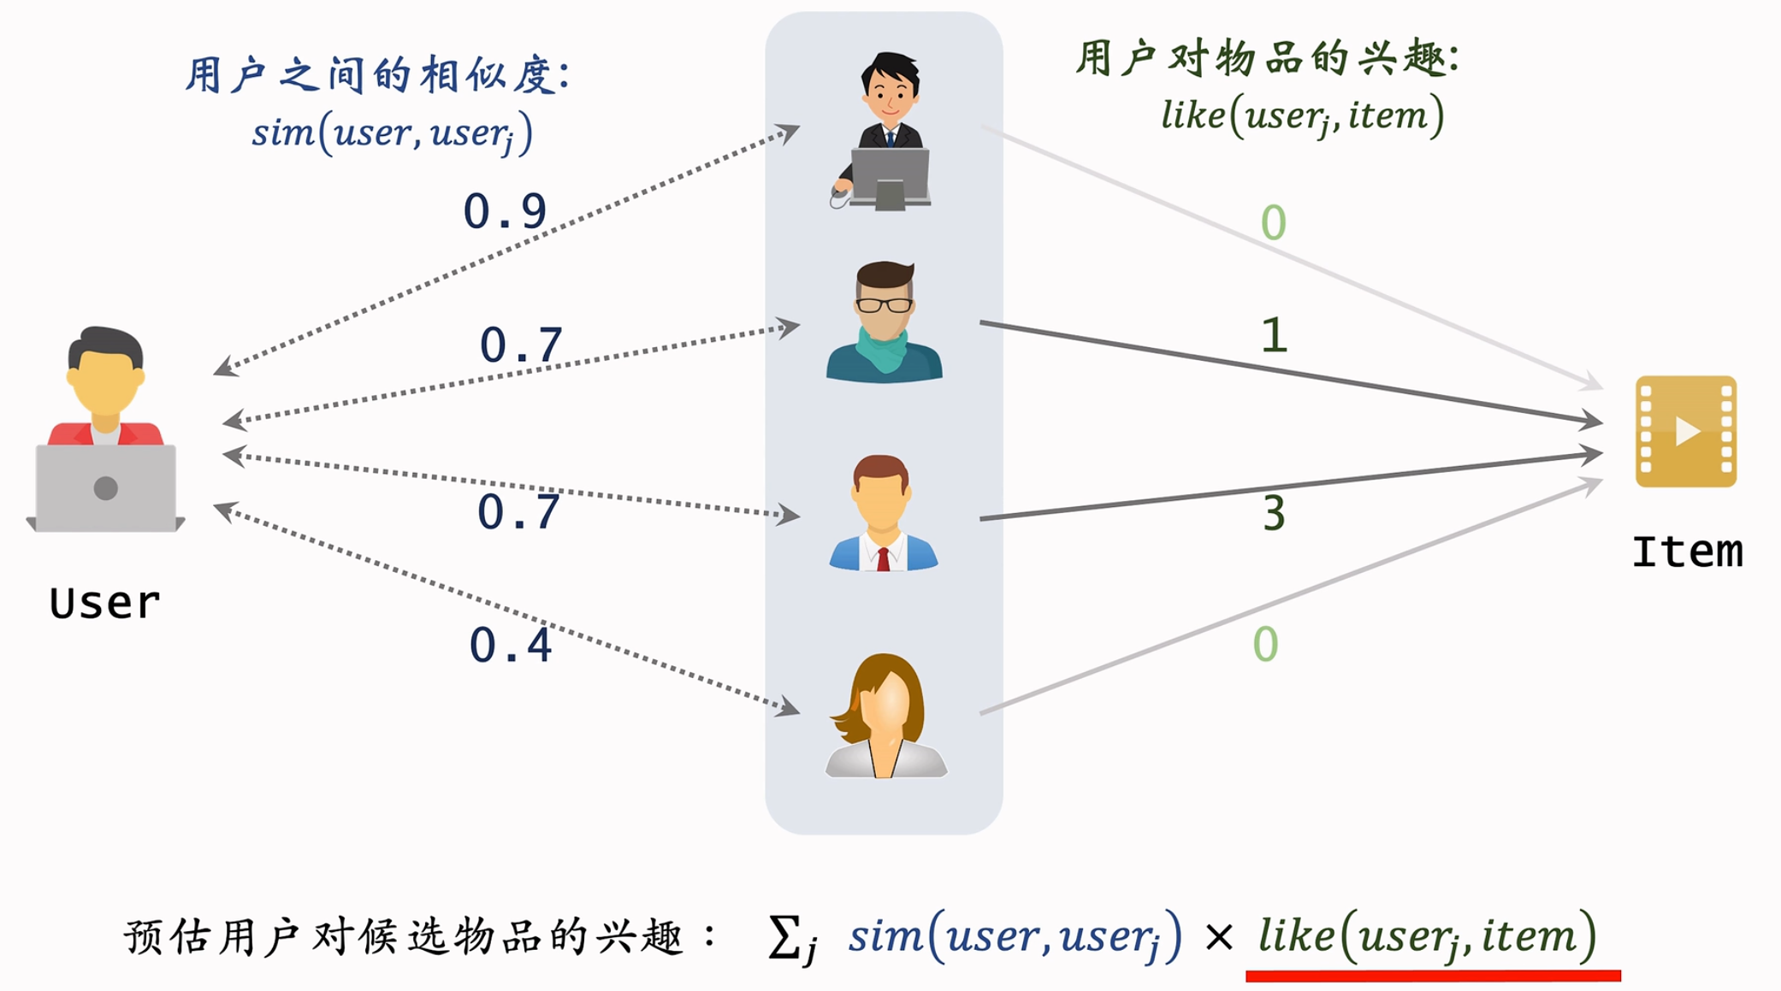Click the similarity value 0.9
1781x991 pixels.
click(505, 211)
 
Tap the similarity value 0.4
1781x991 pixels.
click(511, 645)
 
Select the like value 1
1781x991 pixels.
click(1274, 335)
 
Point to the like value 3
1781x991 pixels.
click(1274, 514)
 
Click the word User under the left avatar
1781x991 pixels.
click(104, 603)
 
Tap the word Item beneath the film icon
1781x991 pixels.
click(1686, 552)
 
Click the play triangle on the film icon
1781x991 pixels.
click(1687, 431)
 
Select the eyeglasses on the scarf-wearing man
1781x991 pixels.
click(884, 304)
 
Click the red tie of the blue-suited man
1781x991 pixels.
click(884, 558)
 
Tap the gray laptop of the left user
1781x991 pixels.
click(106, 488)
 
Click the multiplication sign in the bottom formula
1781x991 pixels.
click(1218, 938)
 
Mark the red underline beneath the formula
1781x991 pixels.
click(1433, 976)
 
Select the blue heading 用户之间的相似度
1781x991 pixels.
click(376, 75)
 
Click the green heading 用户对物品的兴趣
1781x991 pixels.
click(1266, 58)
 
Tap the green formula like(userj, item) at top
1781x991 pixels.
click(1302, 115)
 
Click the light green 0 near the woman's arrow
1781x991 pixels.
click(1265, 644)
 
